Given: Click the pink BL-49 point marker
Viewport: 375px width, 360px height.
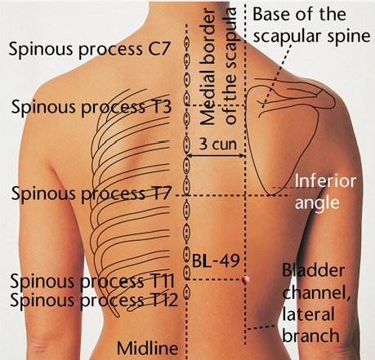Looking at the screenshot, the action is coord(246,279).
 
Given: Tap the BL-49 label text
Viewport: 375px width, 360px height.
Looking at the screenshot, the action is coord(216,260).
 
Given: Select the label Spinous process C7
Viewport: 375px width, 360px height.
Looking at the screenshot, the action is coord(90,50).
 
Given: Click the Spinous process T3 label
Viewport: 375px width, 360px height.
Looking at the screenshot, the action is coord(92,107).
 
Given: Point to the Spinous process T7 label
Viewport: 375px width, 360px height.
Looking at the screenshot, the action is coord(91,193).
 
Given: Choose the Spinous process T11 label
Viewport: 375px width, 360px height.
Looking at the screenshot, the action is coord(92,281).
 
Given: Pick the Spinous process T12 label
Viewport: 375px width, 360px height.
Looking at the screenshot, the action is coord(94,300).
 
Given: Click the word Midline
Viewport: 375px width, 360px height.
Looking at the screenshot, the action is coord(148,348).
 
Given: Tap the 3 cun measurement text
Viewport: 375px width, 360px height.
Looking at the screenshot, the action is coord(217,144).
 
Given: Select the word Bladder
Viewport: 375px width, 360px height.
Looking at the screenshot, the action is coord(313,270).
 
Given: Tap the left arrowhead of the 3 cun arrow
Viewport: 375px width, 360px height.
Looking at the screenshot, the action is coord(189,156).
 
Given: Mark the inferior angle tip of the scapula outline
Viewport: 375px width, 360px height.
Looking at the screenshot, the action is coord(270,195).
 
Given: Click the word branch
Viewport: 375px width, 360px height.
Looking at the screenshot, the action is coord(310,335).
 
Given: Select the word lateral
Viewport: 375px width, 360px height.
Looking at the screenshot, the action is coord(308,313).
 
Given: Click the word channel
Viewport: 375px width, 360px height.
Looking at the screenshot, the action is coord(316,293).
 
